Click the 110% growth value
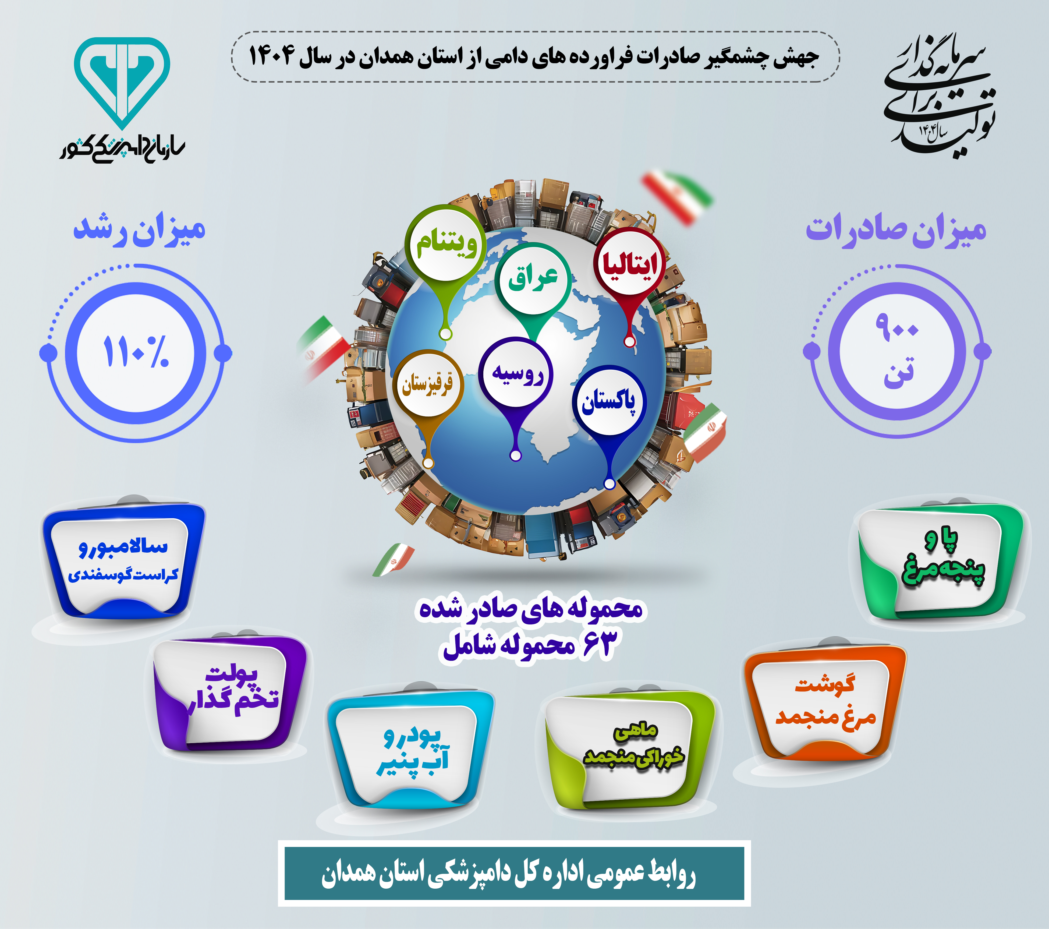click(x=136, y=352)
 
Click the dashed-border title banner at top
click(x=535, y=56)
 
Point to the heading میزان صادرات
click(x=896, y=229)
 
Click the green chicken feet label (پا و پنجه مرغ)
click(x=940, y=559)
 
